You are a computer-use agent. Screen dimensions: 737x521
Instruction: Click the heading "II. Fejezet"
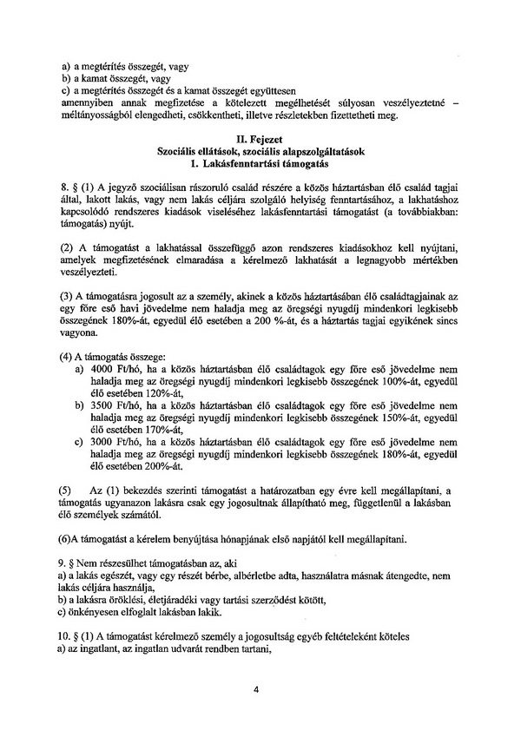coord(260,138)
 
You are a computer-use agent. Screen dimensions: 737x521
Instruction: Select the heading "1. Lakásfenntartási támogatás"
coord(260,162)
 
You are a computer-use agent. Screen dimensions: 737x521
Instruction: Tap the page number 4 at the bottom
coord(258,691)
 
